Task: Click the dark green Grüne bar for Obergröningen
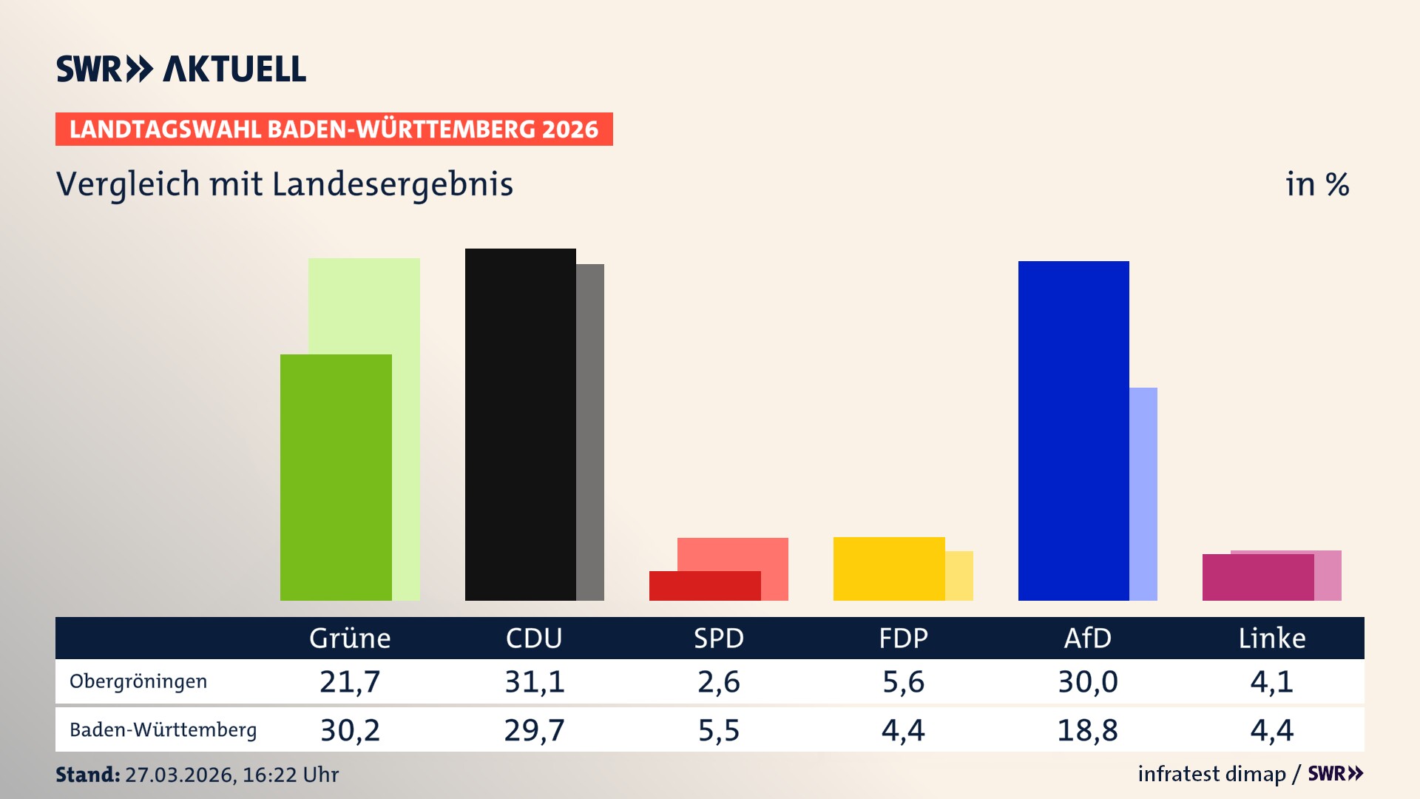pos(336,477)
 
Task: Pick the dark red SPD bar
pos(705,585)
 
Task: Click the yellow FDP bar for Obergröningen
pos(889,568)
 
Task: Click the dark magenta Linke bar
pos(1257,577)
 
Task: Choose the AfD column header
pos(1087,638)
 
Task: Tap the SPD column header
pos(718,638)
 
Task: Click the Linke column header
pos(1271,638)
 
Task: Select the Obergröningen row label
pos(138,681)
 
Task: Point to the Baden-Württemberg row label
pos(163,730)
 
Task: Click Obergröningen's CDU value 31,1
pos(534,681)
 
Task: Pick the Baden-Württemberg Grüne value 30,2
pos(350,730)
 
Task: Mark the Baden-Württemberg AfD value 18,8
pos(1087,730)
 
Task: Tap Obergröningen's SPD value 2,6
pos(718,681)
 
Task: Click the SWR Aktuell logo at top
pos(181,69)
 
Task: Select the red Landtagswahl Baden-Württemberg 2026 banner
pos(334,129)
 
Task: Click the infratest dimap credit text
pos(1211,774)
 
